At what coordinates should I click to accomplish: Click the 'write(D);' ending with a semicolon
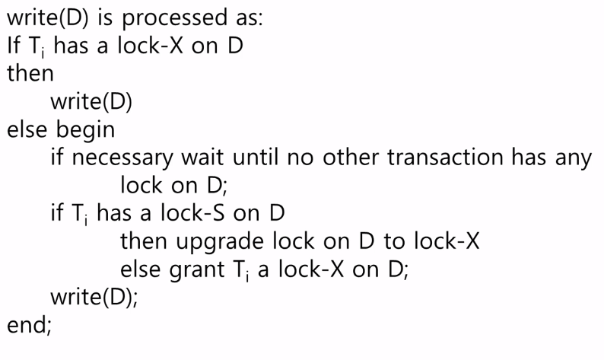tap(94, 298)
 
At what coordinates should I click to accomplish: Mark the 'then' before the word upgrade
tap(145, 242)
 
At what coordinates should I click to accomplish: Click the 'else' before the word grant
tap(141, 270)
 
